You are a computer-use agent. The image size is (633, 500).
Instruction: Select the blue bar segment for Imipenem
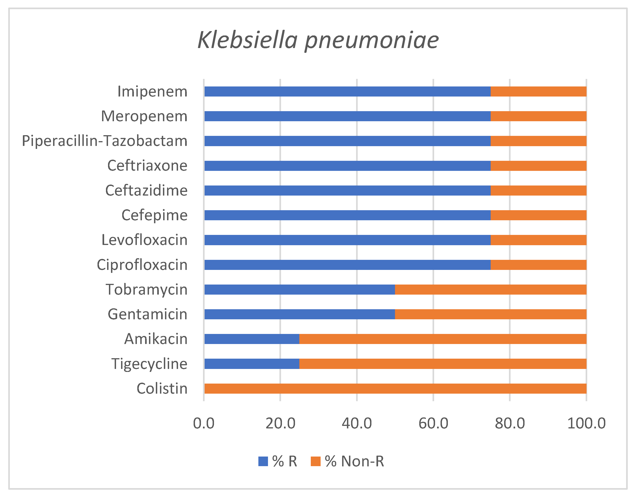point(347,91)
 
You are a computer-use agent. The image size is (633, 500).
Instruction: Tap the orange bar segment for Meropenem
point(538,116)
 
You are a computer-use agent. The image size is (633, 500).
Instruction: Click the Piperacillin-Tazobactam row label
point(105,141)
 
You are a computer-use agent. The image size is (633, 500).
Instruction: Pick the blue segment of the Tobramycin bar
point(299,290)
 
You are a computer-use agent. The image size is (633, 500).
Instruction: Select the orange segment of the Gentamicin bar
point(491,314)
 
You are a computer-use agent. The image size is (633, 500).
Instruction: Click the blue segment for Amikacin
point(252,339)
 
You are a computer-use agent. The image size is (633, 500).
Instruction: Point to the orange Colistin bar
point(395,388)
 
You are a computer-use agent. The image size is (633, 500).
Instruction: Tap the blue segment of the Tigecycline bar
point(252,364)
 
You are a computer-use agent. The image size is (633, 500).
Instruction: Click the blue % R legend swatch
point(263,461)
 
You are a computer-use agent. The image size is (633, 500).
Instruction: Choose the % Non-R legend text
point(354,461)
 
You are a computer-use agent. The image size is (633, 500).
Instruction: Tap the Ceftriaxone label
point(147,166)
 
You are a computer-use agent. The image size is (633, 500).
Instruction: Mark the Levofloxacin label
point(144,240)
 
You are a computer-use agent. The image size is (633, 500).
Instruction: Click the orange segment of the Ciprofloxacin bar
point(538,265)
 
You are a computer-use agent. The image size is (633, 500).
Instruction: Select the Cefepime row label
point(154,215)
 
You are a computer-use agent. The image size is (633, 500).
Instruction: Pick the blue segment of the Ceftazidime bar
point(347,191)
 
